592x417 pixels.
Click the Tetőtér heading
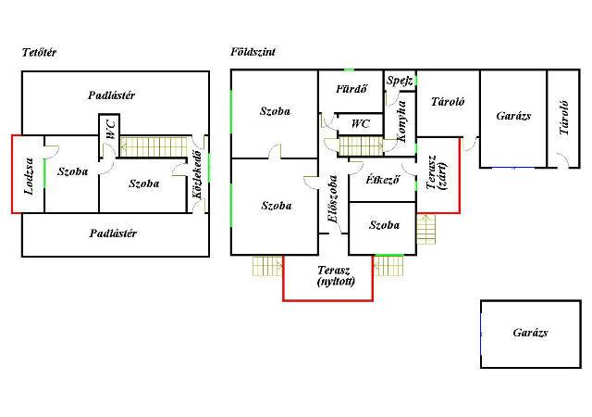39,52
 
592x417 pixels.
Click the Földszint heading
253,52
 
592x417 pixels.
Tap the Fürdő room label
351,89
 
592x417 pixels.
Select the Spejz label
400,81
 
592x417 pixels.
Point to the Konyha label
401,121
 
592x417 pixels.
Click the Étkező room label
382,180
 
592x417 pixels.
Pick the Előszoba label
333,198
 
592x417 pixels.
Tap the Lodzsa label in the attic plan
29,176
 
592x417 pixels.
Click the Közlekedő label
197,174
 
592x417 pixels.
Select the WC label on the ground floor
361,124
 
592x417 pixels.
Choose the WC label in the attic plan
111,130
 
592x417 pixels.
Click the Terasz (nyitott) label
336,276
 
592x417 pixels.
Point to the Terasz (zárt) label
437,172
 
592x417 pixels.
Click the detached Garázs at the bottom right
531,335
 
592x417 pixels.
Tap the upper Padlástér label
111,95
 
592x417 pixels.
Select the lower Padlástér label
113,234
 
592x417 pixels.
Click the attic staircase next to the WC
154,146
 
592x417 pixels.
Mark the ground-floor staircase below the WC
362,146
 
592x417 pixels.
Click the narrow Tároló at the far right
563,119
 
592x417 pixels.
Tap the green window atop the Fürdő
349,70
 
